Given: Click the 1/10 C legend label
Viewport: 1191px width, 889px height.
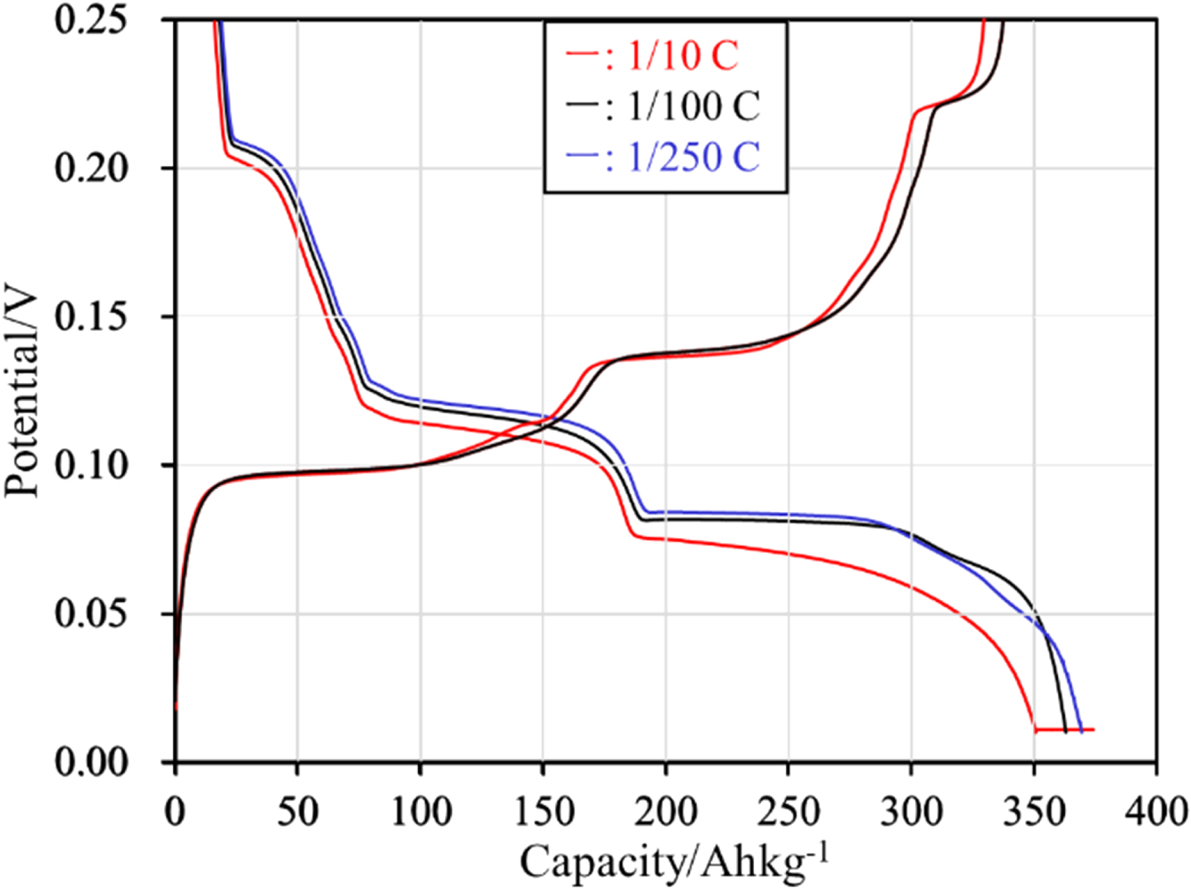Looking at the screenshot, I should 683,56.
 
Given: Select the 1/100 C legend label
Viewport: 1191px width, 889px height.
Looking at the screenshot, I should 693,106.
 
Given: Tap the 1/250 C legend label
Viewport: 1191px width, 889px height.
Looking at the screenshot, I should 693,157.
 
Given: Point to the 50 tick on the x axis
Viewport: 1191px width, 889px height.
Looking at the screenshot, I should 297,812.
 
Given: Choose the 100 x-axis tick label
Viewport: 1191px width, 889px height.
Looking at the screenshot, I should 420,812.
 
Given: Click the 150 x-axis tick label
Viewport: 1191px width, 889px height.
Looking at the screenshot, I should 542,812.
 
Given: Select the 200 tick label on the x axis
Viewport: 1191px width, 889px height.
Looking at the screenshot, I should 665,812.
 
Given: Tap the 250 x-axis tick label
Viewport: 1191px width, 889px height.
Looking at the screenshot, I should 788,812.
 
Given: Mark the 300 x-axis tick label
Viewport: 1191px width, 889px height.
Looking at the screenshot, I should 911,812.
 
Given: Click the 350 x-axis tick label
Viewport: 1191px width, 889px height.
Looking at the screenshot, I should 1034,812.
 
